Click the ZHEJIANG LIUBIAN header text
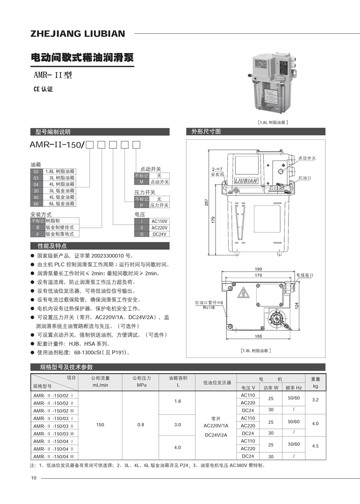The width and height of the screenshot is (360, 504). (x=78, y=34)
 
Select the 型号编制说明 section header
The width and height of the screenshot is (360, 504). (x=53, y=132)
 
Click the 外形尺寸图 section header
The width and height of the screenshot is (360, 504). (x=206, y=132)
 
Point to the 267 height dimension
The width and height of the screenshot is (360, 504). (x=207, y=202)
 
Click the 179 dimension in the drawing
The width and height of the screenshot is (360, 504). (x=213, y=219)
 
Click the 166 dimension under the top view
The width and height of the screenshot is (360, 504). (x=258, y=336)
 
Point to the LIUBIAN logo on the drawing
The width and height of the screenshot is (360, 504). (x=246, y=181)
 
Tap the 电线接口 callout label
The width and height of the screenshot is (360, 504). (x=304, y=274)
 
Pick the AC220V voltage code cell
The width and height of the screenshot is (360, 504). (x=159, y=227)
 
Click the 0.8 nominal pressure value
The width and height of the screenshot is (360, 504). (x=141, y=424)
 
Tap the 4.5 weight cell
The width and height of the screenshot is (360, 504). (x=315, y=446)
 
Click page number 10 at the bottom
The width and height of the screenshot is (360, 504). (x=33, y=477)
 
